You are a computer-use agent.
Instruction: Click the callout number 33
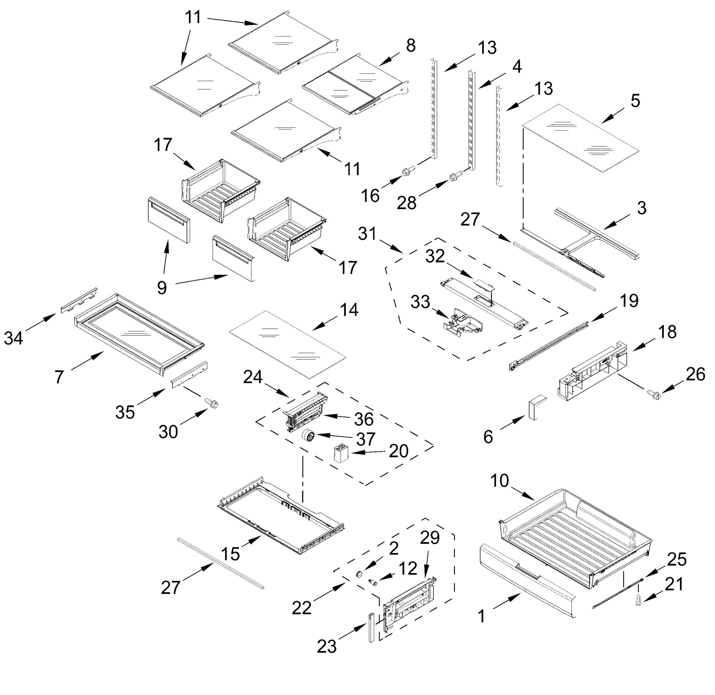(x=420, y=302)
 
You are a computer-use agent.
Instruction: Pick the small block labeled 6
(x=535, y=409)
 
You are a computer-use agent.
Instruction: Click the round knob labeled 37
(x=308, y=435)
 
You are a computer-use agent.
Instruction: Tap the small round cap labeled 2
(x=359, y=574)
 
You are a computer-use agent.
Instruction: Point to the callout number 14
(x=349, y=310)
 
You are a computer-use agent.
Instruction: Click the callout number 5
(x=635, y=100)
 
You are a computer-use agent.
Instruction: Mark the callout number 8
(x=411, y=46)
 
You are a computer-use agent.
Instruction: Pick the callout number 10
(x=499, y=481)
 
